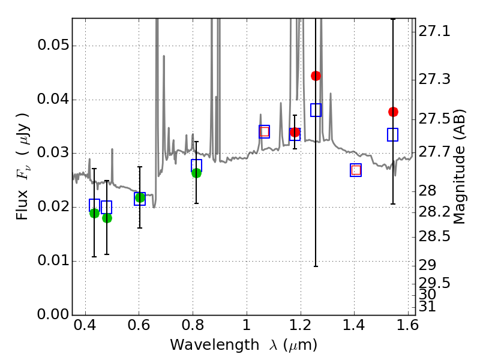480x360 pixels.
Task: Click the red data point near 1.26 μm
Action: [316, 76]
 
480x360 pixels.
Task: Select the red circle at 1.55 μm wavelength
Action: [393, 112]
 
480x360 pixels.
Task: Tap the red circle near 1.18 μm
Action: [295, 132]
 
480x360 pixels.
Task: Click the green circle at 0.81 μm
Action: [196, 173]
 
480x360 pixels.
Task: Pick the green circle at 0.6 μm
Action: [140, 197]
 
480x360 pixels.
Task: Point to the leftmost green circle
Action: [94, 213]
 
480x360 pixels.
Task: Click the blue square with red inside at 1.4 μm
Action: [356, 170]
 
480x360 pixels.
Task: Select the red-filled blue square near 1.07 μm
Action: [264, 132]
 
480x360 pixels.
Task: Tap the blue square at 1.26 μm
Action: [316, 110]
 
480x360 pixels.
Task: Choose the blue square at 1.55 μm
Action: [393, 134]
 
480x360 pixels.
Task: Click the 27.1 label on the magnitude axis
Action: [436, 31]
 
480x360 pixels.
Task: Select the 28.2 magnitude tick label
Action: [436, 212]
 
